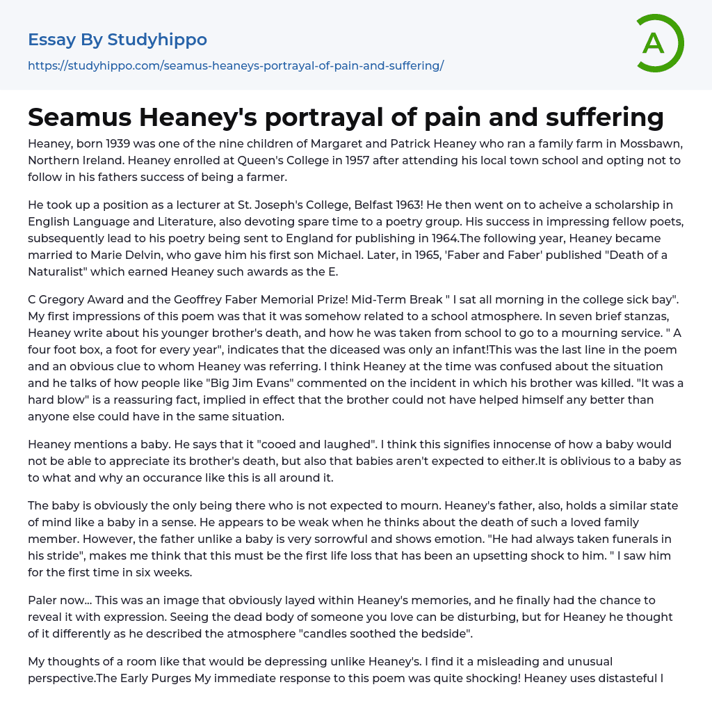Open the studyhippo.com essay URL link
(236, 65)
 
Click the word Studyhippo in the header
(157, 40)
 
